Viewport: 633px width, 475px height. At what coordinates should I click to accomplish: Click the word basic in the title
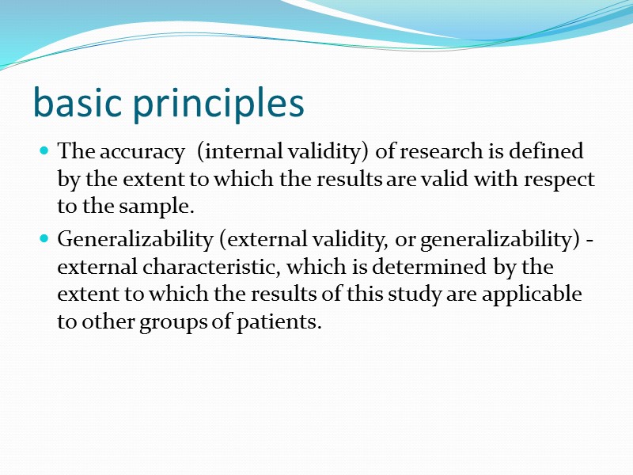click(78, 104)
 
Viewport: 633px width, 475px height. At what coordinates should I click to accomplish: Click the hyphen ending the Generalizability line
click(590, 238)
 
